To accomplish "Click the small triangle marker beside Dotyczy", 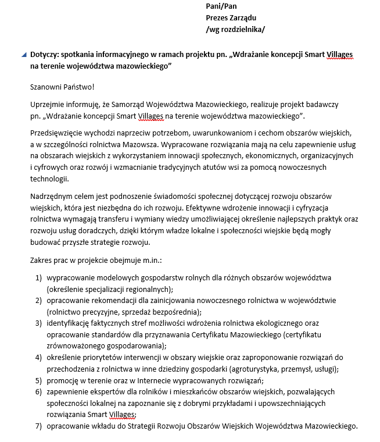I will (23, 55).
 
